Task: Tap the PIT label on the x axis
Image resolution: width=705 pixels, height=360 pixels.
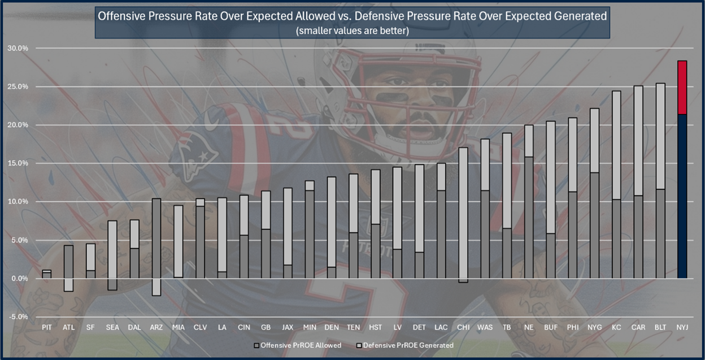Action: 47,327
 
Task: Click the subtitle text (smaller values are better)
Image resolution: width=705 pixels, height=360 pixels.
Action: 352,31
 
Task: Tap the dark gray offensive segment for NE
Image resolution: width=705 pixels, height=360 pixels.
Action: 529,218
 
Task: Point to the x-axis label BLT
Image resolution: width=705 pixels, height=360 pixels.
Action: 660,327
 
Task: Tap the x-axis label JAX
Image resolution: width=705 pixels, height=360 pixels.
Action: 288,327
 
